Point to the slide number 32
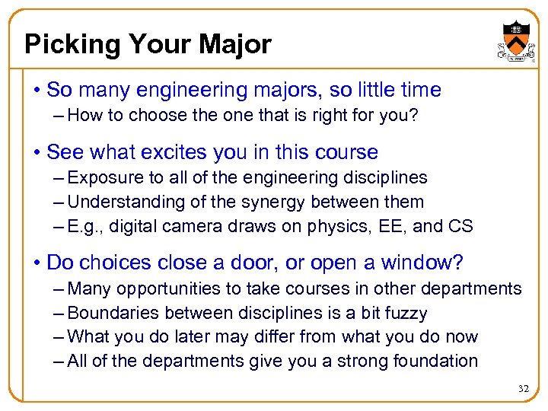click(523, 389)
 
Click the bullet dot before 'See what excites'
click(36, 153)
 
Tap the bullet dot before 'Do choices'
click(36, 264)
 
